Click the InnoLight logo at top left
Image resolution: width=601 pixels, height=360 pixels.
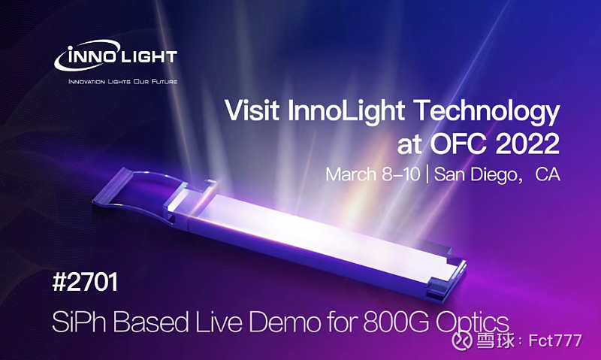(116, 56)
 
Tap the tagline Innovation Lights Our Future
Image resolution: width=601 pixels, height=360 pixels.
(122, 82)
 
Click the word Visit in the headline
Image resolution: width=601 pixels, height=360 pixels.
(252, 110)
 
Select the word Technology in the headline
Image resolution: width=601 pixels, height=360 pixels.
(487, 113)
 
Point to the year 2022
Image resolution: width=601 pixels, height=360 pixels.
(527, 144)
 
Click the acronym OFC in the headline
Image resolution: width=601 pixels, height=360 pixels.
(458, 144)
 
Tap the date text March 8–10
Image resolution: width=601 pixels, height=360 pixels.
(373, 174)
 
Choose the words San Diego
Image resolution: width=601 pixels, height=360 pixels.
(476, 175)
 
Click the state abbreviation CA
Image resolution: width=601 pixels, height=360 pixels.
(548, 174)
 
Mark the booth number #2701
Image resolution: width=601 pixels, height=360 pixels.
(85, 282)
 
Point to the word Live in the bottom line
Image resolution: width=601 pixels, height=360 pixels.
(219, 322)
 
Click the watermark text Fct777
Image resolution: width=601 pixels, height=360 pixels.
(555, 340)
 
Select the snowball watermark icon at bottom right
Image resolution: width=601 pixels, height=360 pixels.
(462, 340)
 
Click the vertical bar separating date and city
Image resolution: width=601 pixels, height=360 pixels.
(427, 175)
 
